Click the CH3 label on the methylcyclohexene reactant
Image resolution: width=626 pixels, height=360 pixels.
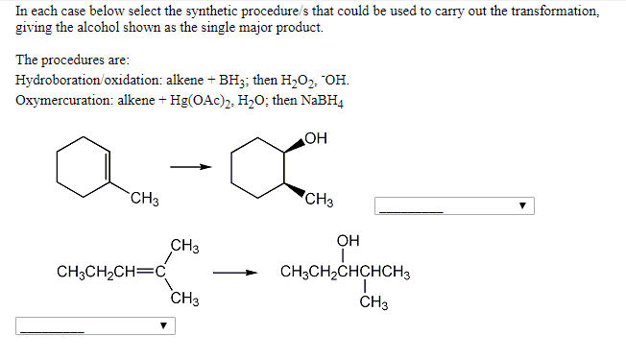coord(145,200)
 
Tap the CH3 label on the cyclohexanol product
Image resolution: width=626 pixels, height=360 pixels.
coord(319,200)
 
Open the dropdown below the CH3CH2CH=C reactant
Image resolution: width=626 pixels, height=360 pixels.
coord(95,326)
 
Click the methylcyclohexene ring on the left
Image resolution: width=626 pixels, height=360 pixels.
coord(84,167)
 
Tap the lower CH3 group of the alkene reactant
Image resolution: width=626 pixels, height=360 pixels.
coord(185,299)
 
